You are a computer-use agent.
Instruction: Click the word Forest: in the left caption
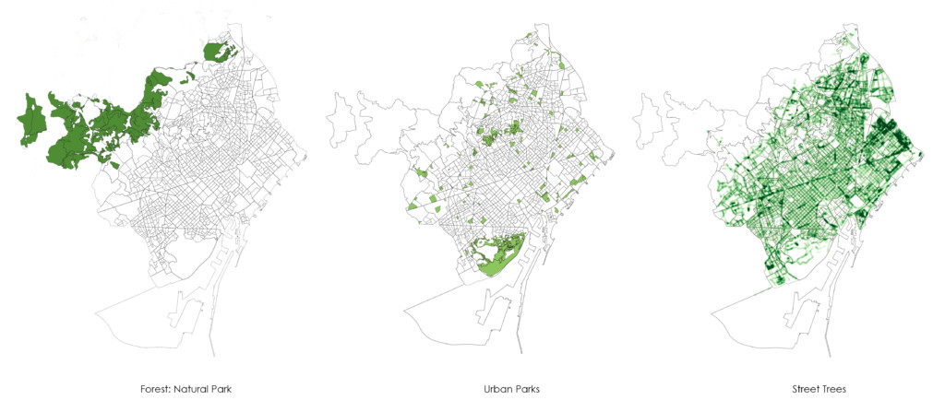point(148,390)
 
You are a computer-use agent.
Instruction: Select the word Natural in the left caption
point(185,390)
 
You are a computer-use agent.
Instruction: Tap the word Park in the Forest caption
point(220,390)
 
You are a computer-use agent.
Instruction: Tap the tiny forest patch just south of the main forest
point(114,165)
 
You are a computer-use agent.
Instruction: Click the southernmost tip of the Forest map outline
point(214,356)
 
